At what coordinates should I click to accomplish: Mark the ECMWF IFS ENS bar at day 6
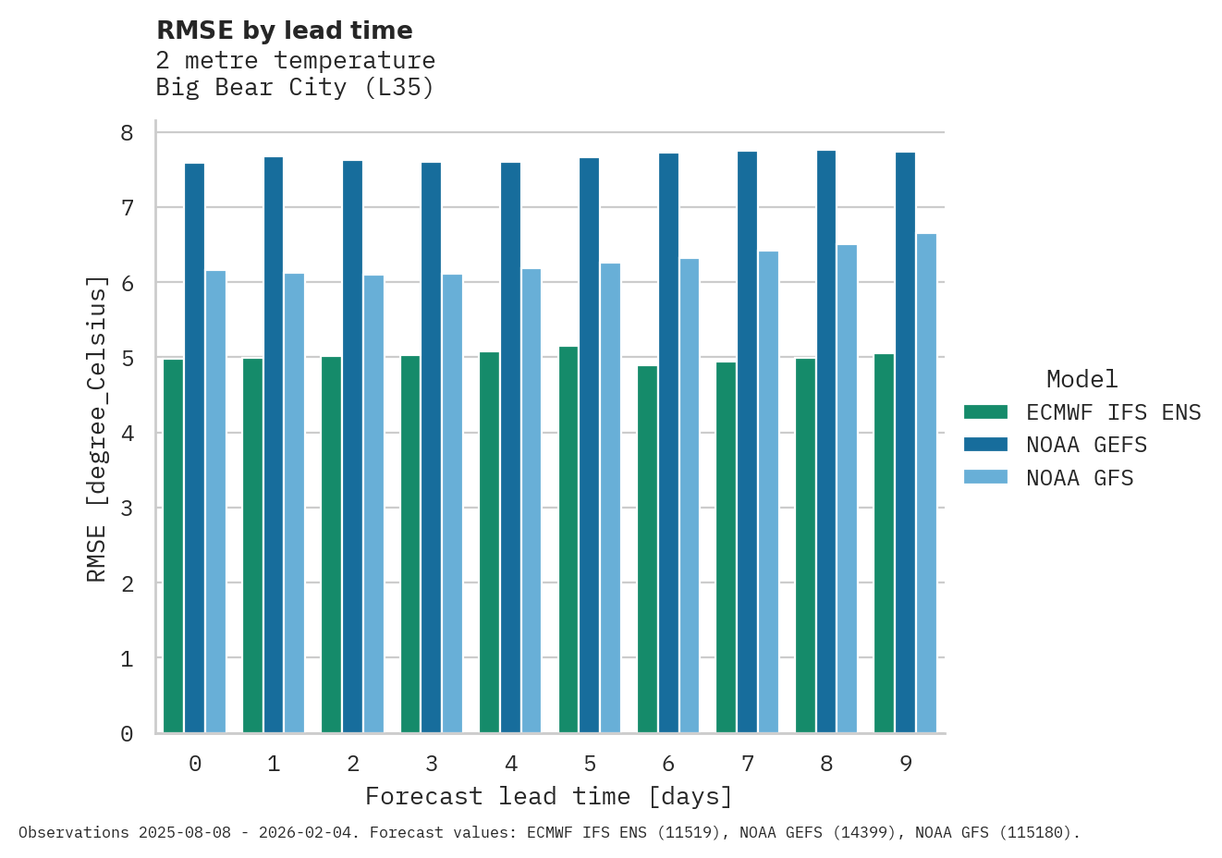coord(647,549)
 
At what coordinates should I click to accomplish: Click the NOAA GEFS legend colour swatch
coord(985,445)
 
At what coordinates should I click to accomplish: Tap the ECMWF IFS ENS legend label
coord(1113,412)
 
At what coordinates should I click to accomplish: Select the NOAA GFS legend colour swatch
coord(985,477)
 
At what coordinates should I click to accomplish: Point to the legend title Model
coord(1081,379)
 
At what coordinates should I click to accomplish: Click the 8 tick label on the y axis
coord(128,133)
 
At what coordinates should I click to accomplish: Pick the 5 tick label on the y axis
coord(128,358)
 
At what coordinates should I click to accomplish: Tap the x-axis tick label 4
coord(511,764)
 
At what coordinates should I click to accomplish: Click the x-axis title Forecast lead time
coord(548,796)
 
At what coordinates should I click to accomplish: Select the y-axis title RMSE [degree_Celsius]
coord(97,429)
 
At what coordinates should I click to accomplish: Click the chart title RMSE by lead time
coord(285,31)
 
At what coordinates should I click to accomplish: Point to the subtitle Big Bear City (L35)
coord(295,87)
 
